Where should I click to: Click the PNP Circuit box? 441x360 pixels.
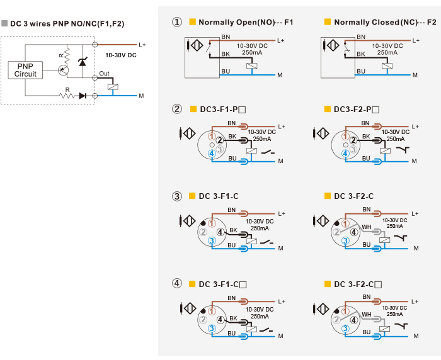[25, 70]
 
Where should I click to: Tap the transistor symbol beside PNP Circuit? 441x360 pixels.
[63, 70]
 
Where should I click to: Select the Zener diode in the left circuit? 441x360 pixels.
[83, 62]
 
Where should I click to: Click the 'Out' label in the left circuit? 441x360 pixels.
[104, 74]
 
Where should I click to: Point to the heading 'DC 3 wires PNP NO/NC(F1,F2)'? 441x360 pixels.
[67, 24]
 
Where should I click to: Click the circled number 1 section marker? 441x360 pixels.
[177, 22]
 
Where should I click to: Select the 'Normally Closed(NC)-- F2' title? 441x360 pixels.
[385, 22]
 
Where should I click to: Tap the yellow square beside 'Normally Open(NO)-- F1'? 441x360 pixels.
[192, 21]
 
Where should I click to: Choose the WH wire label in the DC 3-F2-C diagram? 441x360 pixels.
[367, 227]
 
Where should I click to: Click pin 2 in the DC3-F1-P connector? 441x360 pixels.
[220, 140]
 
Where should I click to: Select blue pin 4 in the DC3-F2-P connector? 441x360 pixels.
[345, 154]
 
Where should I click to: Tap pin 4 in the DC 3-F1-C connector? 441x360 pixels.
[220, 232]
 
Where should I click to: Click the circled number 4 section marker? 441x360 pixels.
[176, 283]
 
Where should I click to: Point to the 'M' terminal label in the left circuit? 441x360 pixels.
[141, 96]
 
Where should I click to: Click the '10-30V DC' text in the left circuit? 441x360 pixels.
[121, 55]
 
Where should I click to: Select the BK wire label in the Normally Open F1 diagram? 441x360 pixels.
[226, 54]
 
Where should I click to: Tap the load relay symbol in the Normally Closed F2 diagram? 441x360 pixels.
[387, 66]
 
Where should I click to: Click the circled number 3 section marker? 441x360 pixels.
[177, 196]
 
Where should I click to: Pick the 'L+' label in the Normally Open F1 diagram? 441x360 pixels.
[281, 41]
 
